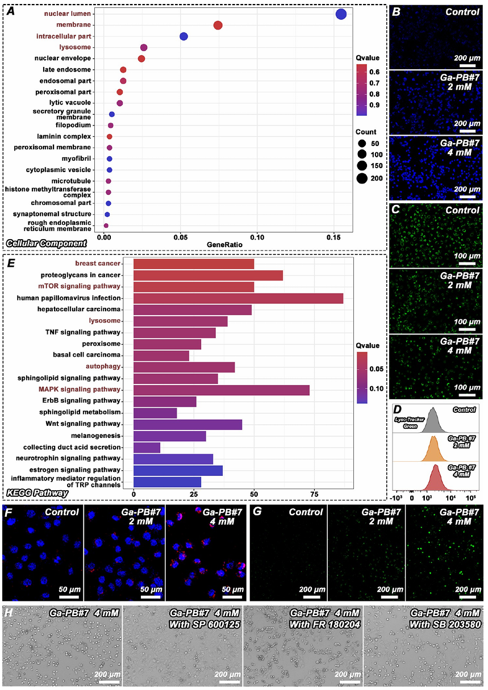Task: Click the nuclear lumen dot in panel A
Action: [341, 14]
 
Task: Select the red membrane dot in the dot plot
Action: [218, 25]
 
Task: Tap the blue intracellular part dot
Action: [183, 36]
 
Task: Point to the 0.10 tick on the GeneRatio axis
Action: [257, 235]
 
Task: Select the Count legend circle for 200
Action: [361, 178]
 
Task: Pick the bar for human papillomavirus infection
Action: [238, 298]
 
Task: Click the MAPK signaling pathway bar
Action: [221, 390]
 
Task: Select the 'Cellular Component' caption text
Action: [46, 243]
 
